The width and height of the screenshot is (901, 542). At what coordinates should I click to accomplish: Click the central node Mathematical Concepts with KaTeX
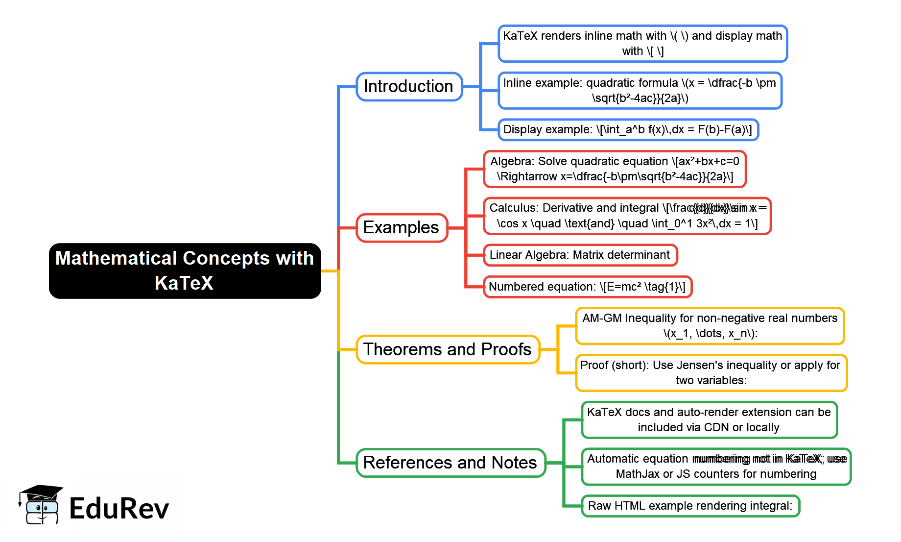click(x=185, y=271)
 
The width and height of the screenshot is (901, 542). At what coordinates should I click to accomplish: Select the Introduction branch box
click(x=409, y=87)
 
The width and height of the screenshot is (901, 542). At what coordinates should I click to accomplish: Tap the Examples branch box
click(x=402, y=228)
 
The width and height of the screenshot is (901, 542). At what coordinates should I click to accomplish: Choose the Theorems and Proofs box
click(x=448, y=349)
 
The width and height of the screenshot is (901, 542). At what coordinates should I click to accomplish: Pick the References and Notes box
click(x=450, y=463)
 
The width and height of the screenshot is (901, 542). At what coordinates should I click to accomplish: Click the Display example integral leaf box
click(x=628, y=130)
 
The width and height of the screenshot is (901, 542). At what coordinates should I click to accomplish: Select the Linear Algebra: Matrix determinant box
click(x=580, y=255)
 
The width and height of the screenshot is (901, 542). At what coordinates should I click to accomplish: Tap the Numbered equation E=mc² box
click(x=587, y=287)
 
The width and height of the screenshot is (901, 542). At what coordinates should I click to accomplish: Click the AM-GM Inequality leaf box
click(x=710, y=326)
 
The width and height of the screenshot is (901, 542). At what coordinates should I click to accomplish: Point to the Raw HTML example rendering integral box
click(x=690, y=506)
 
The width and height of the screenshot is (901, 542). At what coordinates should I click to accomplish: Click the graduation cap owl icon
click(x=40, y=505)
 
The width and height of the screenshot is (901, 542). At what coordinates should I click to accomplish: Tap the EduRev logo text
click(x=119, y=509)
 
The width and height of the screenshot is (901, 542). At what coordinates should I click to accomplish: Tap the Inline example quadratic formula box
click(x=640, y=91)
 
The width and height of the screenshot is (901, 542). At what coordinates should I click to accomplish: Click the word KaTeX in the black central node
click(x=184, y=283)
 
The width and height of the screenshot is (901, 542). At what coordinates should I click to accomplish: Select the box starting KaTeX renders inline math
click(x=642, y=44)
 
